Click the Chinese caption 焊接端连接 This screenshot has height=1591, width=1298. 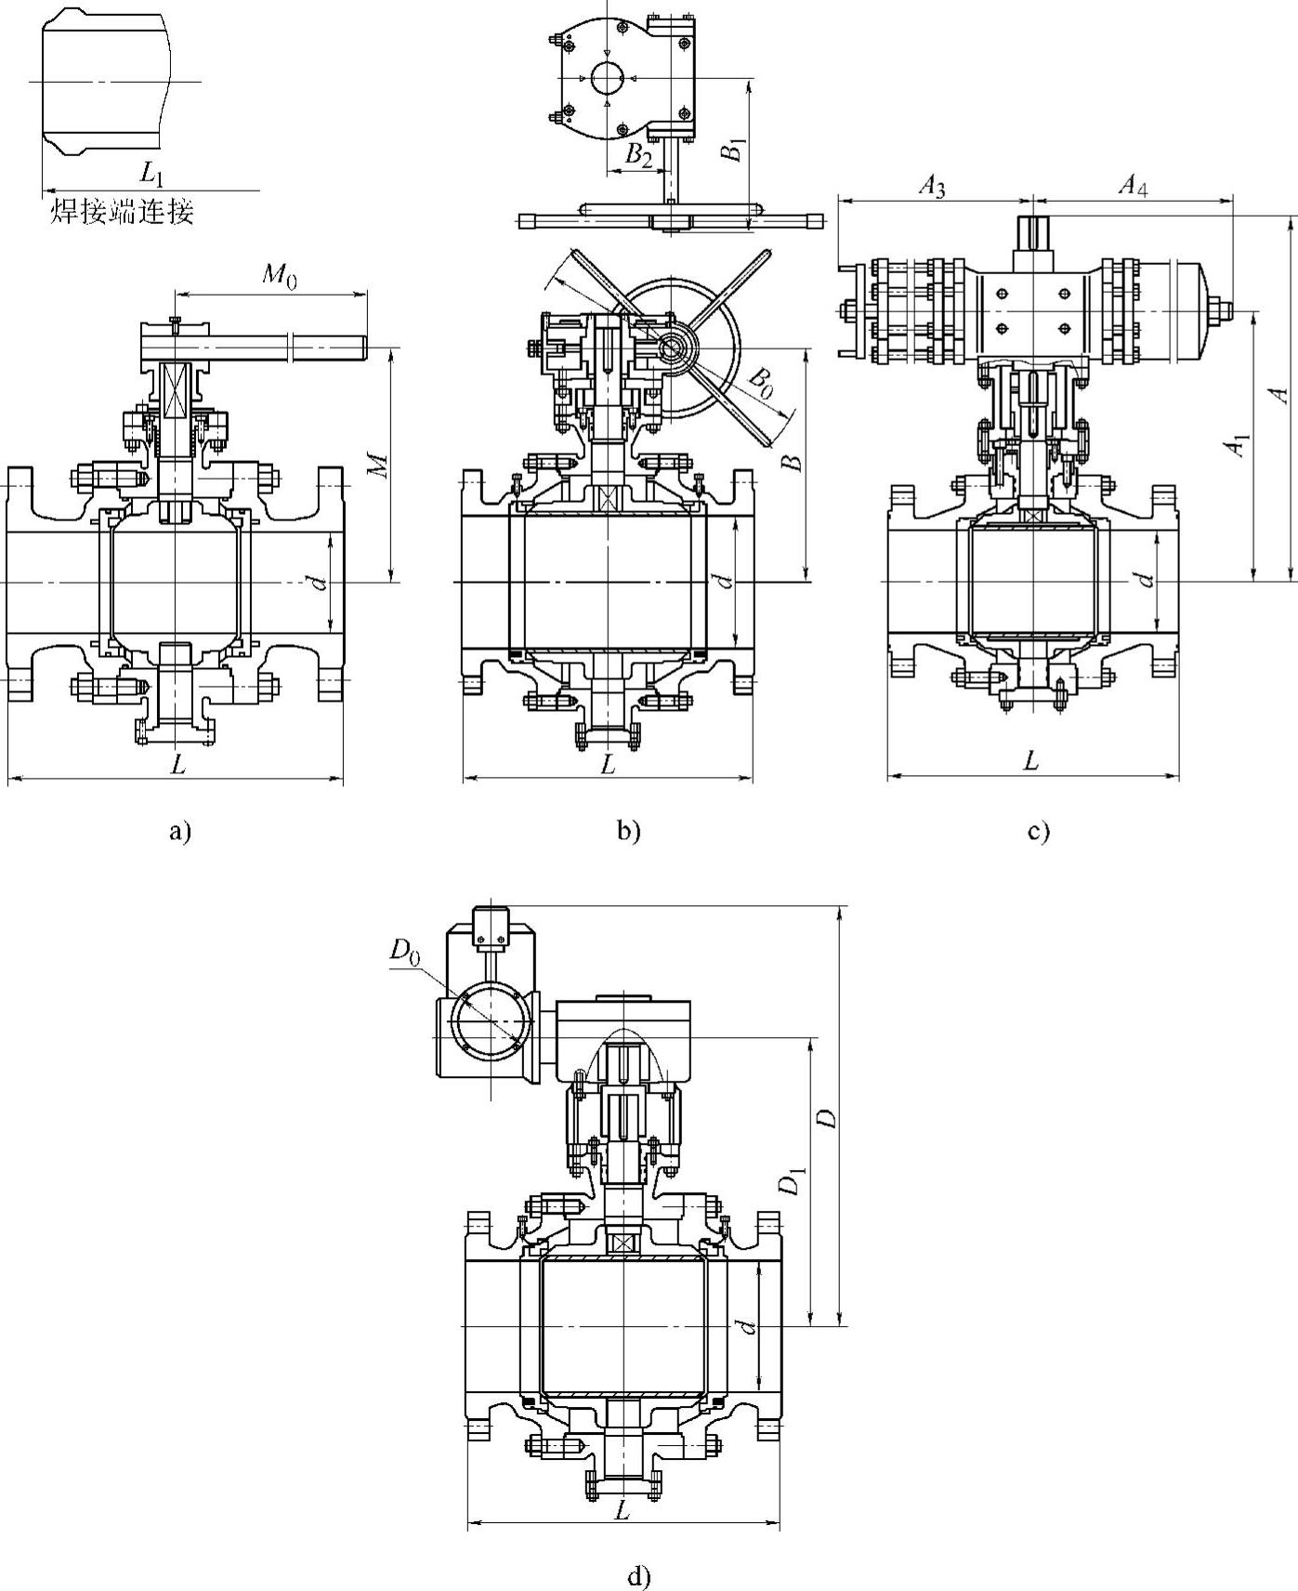coord(122,213)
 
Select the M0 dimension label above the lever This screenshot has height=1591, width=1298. coord(279,277)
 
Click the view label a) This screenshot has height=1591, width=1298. coord(179,831)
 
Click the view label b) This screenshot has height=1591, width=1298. coord(629,831)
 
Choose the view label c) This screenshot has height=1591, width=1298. coord(1038,831)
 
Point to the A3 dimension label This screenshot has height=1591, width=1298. coord(932,187)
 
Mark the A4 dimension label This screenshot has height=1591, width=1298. coord(1132,187)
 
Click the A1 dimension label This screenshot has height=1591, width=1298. coord(1237,446)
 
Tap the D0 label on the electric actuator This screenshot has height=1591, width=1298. coord(404,950)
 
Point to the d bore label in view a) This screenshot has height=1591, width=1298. coord(318,583)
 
